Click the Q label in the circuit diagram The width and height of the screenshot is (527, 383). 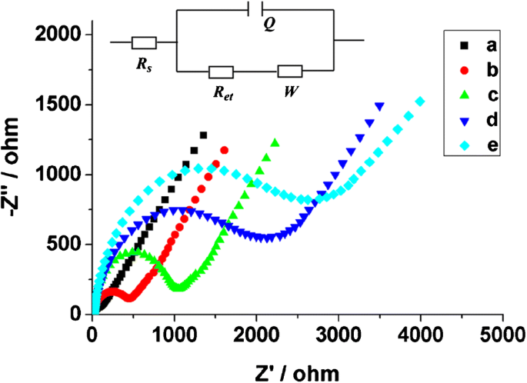click(268, 24)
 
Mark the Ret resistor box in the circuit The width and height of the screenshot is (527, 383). click(222, 72)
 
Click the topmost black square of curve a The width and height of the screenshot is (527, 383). click(203, 135)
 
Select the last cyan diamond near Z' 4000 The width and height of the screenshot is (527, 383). click(420, 101)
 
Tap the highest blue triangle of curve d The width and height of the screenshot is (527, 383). click(379, 106)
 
